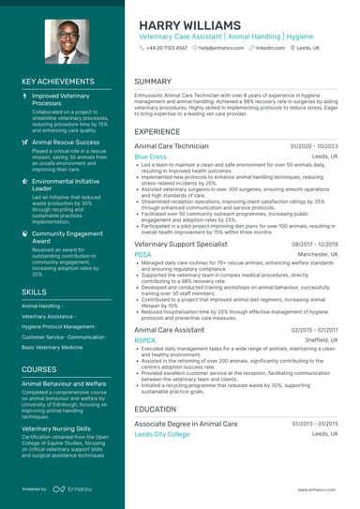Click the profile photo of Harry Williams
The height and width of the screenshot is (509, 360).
60,41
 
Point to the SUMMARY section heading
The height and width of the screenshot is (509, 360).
153,82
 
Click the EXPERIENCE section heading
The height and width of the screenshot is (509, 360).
157,132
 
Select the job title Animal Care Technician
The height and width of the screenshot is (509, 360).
172,147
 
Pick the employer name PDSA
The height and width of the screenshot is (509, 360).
142,253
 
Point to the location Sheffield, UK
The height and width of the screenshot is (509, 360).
319,341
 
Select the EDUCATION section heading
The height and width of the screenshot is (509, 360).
156,409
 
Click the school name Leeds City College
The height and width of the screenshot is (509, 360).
161,434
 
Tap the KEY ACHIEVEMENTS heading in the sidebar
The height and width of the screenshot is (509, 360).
61,82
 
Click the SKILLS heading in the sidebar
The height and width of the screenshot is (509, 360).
34,292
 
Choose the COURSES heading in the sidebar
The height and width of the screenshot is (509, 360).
38,368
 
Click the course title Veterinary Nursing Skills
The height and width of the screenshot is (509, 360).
56,427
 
